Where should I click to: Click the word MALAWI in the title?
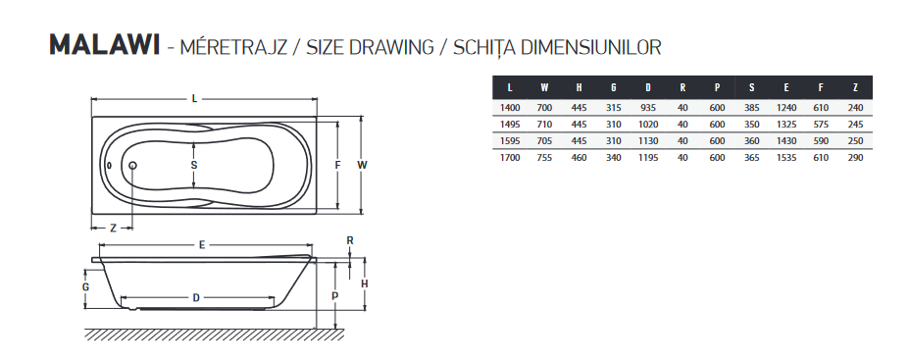105,46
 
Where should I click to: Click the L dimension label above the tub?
195,99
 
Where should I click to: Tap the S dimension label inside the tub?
194,165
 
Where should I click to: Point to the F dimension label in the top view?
337,165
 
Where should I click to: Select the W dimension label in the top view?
362,165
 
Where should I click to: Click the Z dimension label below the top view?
113,229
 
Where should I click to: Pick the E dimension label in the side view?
202,245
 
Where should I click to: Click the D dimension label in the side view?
196,298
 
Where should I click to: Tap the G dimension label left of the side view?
85,287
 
